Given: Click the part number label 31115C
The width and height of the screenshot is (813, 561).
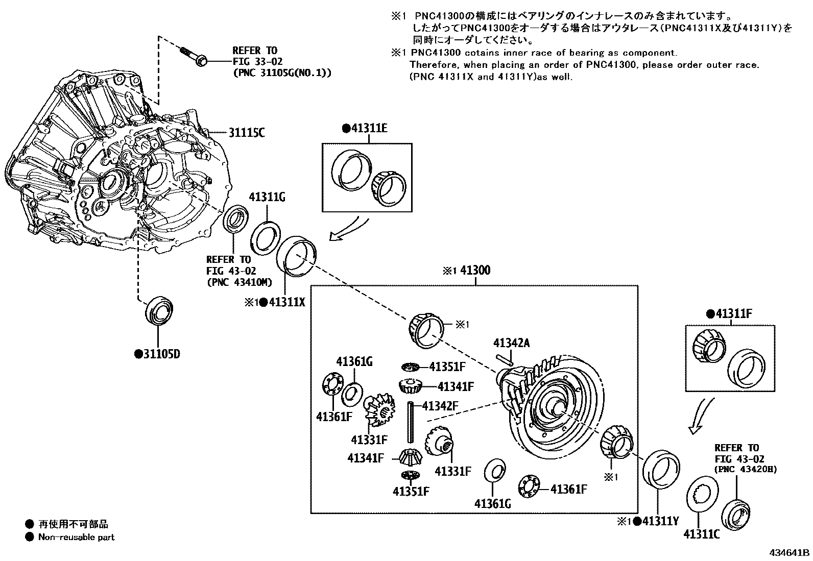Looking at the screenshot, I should coord(246,133).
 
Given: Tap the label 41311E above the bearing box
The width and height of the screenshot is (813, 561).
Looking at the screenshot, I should coord(368,128).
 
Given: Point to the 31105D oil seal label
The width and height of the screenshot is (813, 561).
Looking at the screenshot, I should coord(161,353).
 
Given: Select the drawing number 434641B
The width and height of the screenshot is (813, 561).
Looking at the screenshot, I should coord(790,552).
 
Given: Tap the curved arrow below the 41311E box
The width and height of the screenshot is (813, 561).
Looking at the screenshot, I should coord(350,229).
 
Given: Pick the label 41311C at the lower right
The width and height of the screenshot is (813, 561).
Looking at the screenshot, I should coord(702,534).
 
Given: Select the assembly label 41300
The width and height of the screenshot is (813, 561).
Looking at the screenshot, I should coord(475,270).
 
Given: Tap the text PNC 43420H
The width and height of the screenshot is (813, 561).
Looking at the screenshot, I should coord(746,469).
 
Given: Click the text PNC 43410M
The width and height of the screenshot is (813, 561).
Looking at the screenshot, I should coord(239,282).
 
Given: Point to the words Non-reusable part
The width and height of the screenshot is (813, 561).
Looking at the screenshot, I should coord(77,537).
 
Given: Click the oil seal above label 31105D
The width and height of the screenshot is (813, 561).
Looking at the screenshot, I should coord(160,309).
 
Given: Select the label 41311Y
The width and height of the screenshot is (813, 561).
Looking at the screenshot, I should coord(660,521).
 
